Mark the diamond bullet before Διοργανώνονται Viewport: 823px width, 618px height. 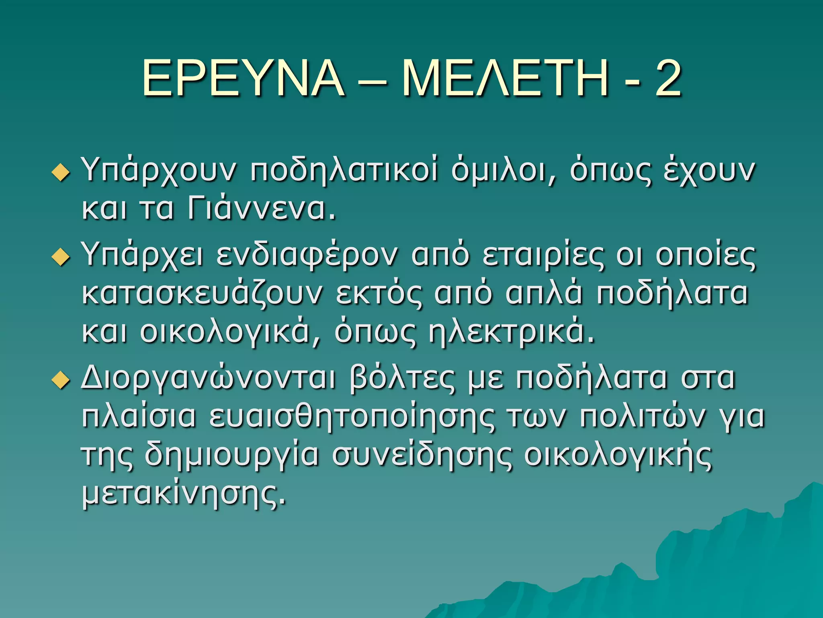pyautogui.click(x=61, y=380)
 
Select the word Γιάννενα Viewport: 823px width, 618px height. pyautogui.click(x=261, y=209)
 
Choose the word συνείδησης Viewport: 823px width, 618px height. pyautogui.click(x=422, y=456)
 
